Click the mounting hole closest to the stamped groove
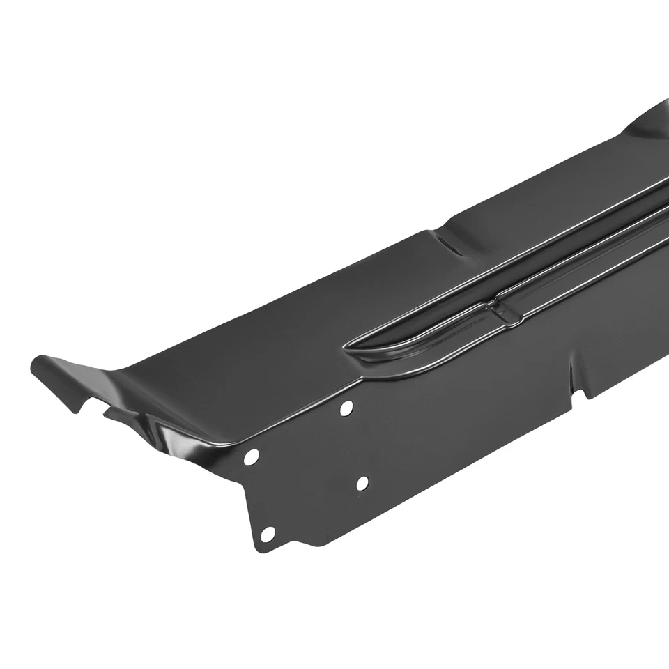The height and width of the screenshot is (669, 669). (346, 408)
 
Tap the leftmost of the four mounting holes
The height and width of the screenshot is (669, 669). (251, 457)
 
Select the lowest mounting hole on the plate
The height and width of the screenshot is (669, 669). (268, 534)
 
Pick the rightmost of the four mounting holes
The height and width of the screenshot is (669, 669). (362, 482)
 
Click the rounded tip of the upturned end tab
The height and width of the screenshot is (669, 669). (39, 364)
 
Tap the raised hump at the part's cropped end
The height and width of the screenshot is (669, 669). (652, 122)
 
